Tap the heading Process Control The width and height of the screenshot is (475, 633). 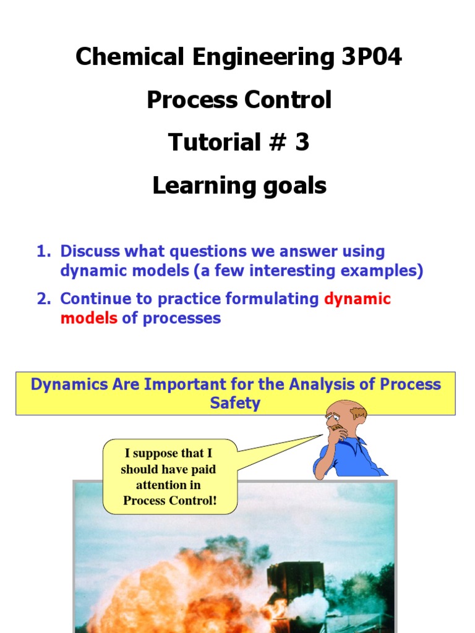click(x=239, y=100)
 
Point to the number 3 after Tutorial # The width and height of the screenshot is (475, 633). click(x=302, y=142)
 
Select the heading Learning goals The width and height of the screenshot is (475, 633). click(x=239, y=185)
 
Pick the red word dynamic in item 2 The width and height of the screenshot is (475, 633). click(x=357, y=299)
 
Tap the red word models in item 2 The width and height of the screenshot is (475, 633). click(x=88, y=318)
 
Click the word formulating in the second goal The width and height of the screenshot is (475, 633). click(x=272, y=299)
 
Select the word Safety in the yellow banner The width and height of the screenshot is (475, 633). click(x=235, y=404)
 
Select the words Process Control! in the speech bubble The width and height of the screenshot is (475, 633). click(x=169, y=500)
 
